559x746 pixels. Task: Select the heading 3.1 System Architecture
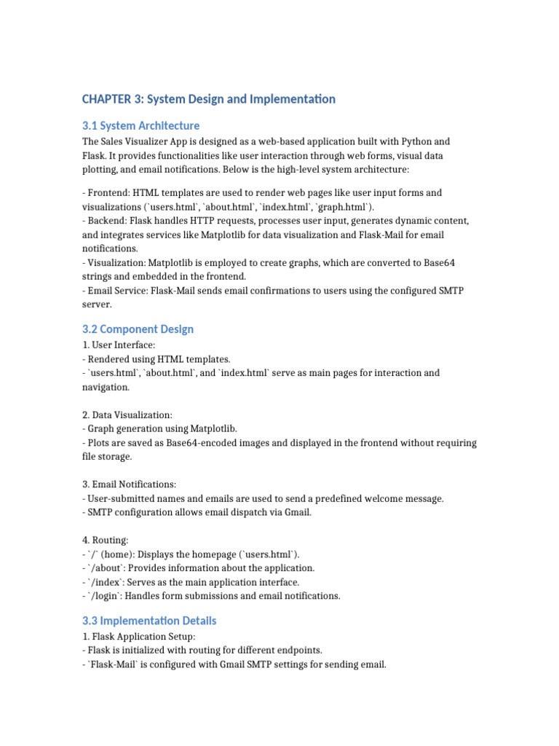pyautogui.click(x=140, y=125)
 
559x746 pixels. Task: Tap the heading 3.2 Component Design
pyautogui.click(x=138, y=329)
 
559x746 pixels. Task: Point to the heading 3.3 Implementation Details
pyautogui.click(x=149, y=621)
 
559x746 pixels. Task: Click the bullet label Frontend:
pyautogui.click(x=110, y=193)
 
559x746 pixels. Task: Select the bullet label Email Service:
pyautogui.click(x=122, y=291)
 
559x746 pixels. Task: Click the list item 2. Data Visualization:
pyautogui.click(x=127, y=415)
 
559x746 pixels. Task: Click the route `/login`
pyautogui.click(x=106, y=596)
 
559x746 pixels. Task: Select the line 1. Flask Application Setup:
pyautogui.click(x=139, y=636)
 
